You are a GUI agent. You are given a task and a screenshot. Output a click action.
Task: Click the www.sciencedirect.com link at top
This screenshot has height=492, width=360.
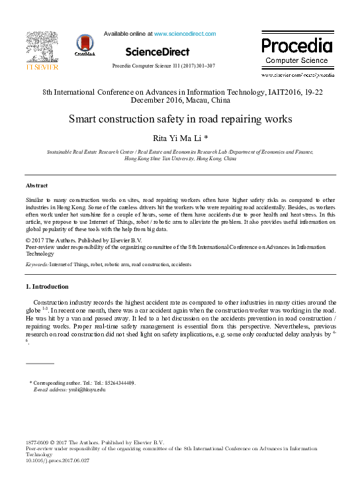coord(185,33)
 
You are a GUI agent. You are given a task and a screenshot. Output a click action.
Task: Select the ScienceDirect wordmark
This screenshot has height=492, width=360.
coord(157,52)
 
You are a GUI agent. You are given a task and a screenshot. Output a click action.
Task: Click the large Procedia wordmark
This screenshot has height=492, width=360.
coord(296,46)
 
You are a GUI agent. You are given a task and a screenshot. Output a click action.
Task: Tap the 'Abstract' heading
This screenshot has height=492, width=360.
coord(36,185)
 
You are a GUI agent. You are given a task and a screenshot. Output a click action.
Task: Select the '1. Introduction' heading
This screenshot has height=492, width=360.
coord(47,287)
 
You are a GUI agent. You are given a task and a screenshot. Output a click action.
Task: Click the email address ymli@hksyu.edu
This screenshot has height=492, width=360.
coord(87,389)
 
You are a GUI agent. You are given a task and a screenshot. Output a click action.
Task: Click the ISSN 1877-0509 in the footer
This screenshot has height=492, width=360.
coord(39,442)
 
